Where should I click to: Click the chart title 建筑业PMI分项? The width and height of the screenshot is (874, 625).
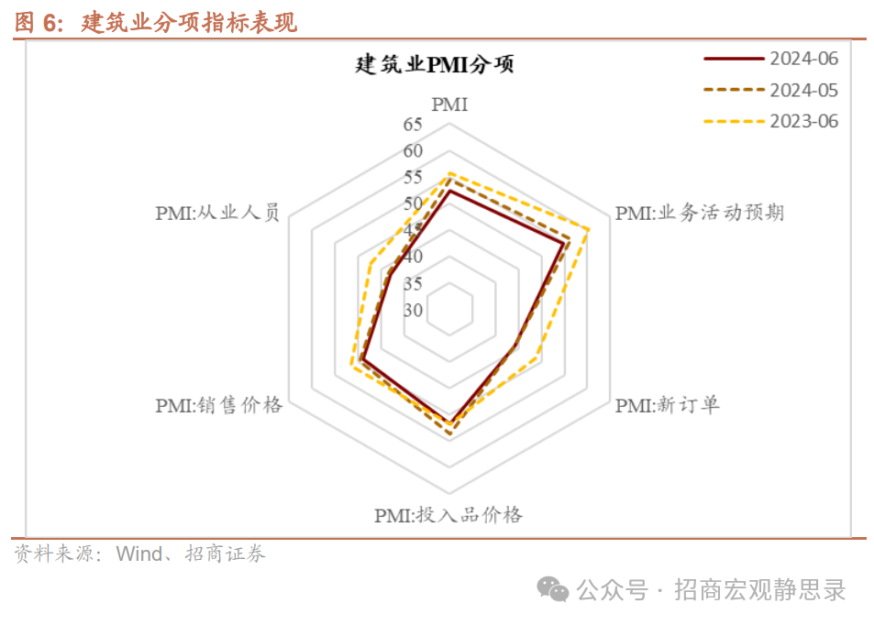tap(436, 65)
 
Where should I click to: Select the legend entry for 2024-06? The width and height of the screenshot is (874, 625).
tap(803, 59)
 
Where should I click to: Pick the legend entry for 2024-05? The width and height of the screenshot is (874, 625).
tap(803, 90)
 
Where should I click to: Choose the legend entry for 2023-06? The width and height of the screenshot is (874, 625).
tap(803, 121)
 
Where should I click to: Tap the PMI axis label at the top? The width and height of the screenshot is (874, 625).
tap(449, 104)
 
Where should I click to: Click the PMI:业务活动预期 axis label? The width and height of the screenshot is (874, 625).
tap(699, 214)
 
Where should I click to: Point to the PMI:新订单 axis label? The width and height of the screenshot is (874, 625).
tap(667, 404)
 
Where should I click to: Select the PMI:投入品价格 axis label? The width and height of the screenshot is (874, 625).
tap(448, 515)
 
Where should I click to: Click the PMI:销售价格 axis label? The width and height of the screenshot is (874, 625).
tap(218, 405)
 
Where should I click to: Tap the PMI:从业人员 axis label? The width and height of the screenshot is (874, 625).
tap(217, 214)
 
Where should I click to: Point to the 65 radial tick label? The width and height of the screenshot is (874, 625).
tap(413, 125)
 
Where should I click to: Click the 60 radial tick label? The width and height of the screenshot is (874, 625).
tap(413, 151)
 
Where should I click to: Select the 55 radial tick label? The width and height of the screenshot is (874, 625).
tap(413, 177)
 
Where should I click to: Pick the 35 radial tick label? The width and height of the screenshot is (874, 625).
tap(413, 283)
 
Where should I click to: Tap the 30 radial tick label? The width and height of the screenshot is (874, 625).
tap(413, 310)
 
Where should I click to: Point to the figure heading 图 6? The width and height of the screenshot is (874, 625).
tap(37, 23)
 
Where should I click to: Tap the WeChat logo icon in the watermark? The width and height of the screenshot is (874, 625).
tap(553, 588)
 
